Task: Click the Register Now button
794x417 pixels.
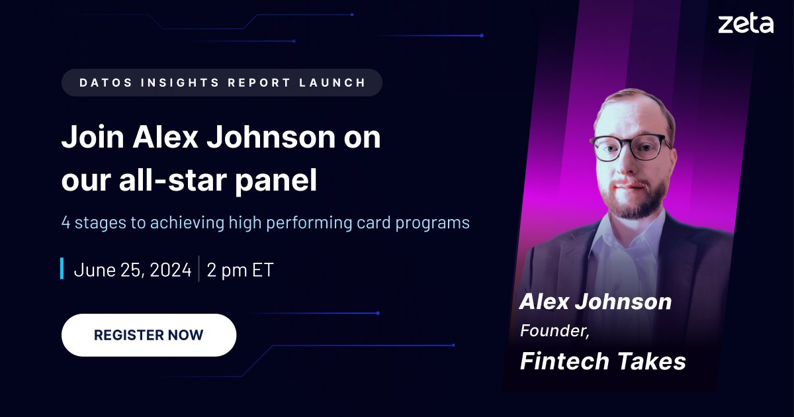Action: click(148, 335)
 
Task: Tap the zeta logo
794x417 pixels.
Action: click(745, 24)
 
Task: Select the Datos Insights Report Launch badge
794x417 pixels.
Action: click(222, 83)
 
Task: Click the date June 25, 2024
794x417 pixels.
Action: click(132, 270)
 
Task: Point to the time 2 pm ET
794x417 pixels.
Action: click(240, 270)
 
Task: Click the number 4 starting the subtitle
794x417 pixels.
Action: click(66, 222)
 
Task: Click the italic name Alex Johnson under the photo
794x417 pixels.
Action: click(595, 302)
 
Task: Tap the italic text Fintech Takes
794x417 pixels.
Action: click(602, 361)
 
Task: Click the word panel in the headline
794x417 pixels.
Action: click(281, 181)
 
